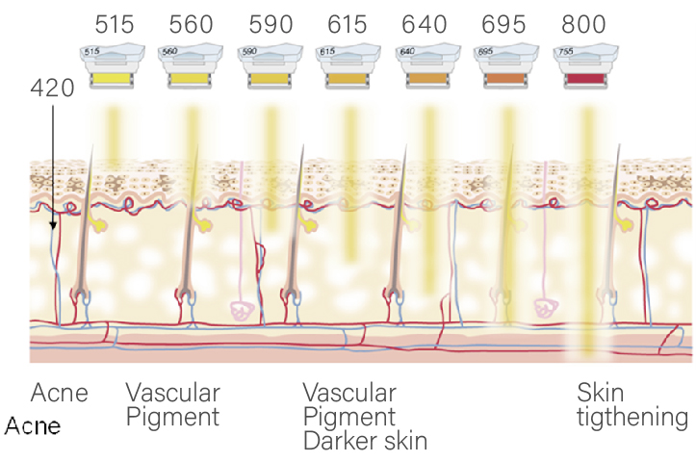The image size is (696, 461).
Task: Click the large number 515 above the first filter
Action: (x=115, y=24)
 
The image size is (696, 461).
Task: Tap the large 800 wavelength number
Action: (x=583, y=24)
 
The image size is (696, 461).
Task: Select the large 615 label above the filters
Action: (x=348, y=24)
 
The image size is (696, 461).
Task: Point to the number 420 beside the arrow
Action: (x=52, y=88)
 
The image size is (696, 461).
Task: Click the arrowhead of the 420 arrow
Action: (x=53, y=225)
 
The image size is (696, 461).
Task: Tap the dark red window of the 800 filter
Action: (x=585, y=79)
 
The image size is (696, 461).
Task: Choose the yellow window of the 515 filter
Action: (x=112, y=79)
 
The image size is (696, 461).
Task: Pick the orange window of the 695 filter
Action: (x=505, y=79)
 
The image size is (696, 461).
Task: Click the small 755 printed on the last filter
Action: (x=565, y=51)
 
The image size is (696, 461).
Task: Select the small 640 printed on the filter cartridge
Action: (x=407, y=51)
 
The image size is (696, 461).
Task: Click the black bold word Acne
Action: (x=33, y=426)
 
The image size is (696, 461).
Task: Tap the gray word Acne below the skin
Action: (x=59, y=393)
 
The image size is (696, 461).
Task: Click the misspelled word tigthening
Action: (x=632, y=418)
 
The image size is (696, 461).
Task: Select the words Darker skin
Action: (x=365, y=442)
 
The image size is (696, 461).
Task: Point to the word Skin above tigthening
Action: (x=600, y=393)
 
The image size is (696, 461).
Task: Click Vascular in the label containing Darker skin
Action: (x=349, y=393)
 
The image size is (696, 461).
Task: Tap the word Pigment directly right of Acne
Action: (x=172, y=418)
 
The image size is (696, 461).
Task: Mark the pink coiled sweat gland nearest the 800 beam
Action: (x=546, y=308)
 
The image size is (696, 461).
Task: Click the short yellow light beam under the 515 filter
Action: (x=114, y=135)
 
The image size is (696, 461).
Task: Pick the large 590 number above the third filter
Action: (x=271, y=24)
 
